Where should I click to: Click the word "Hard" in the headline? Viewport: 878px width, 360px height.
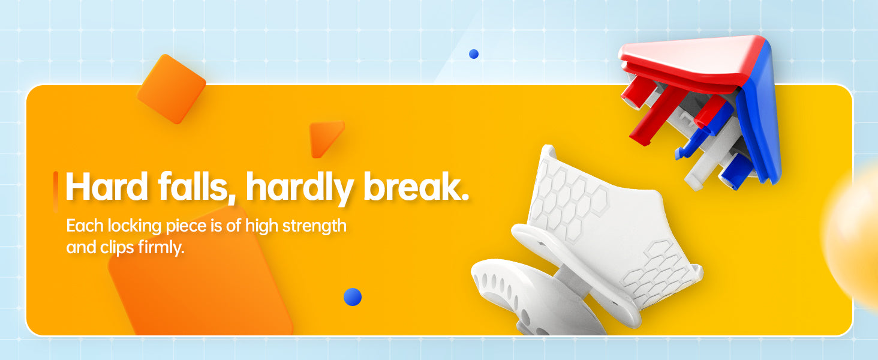click(107, 187)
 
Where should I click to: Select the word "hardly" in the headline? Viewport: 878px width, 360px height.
click(300, 188)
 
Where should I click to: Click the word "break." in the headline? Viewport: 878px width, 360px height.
click(416, 187)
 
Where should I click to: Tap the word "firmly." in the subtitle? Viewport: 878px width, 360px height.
click(161, 248)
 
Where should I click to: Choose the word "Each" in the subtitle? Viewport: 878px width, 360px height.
click(85, 226)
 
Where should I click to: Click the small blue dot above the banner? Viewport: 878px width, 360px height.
click(474, 54)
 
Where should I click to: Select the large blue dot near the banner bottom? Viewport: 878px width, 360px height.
click(353, 297)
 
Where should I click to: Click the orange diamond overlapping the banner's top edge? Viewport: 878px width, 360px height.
click(172, 89)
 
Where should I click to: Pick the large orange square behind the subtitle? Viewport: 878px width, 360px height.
click(200, 275)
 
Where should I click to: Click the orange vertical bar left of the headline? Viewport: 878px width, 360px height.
click(56, 191)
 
